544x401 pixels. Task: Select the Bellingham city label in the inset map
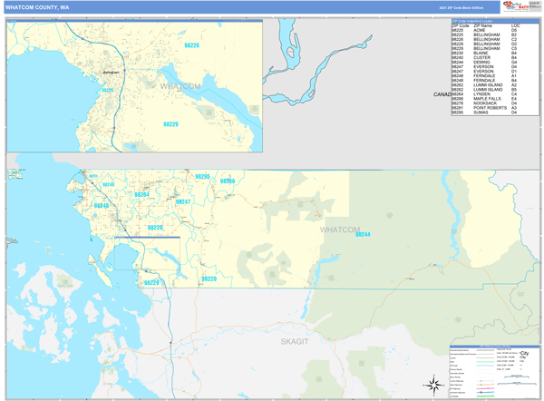pos(112,72)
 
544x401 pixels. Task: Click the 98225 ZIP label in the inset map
pos(107,90)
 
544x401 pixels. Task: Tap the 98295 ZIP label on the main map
pos(202,176)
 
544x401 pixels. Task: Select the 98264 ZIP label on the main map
pos(141,194)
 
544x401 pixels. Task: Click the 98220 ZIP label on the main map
pos(209,279)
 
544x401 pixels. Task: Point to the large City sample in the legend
pos(525,353)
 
